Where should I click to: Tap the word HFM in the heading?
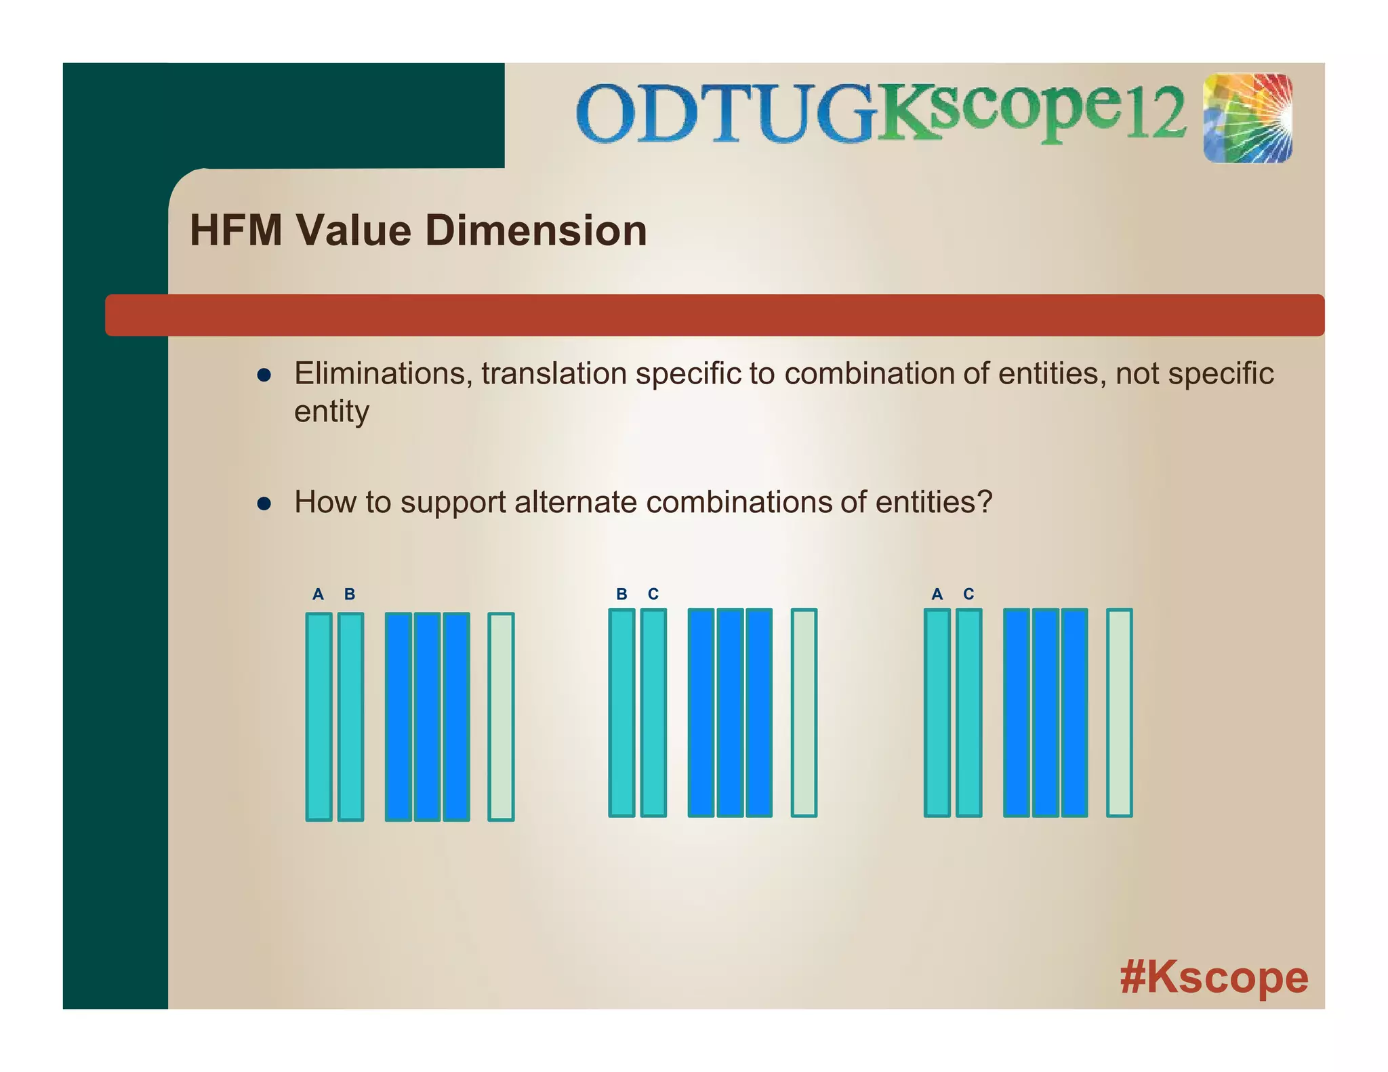pyautogui.click(x=236, y=230)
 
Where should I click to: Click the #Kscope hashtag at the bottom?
pyautogui.click(x=1213, y=977)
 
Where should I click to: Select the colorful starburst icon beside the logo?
pyautogui.click(x=1248, y=119)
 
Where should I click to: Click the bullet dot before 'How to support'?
pyautogui.click(x=264, y=503)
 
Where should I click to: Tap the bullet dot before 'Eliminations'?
pyautogui.click(x=264, y=375)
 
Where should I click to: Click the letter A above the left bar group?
pyautogui.click(x=318, y=594)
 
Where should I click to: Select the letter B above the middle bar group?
pyautogui.click(x=621, y=594)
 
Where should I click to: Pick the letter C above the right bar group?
pyautogui.click(x=968, y=594)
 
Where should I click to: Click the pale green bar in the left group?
pyautogui.click(x=501, y=717)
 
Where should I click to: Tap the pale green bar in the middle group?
pyautogui.click(x=804, y=712)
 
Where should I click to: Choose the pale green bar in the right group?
pyautogui.click(x=1119, y=712)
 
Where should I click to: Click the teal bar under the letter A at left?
pyautogui.click(x=319, y=717)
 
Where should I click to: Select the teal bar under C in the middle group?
pyautogui.click(x=653, y=712)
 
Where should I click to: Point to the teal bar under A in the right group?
pyautogui.click(x=937, y=712)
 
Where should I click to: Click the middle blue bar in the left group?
pyautogui.click(x=427, y=717)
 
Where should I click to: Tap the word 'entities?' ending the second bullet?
pyautogui.click(x=933, y=502)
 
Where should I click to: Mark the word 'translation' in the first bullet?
pyautogui.click(x=554, y=373)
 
